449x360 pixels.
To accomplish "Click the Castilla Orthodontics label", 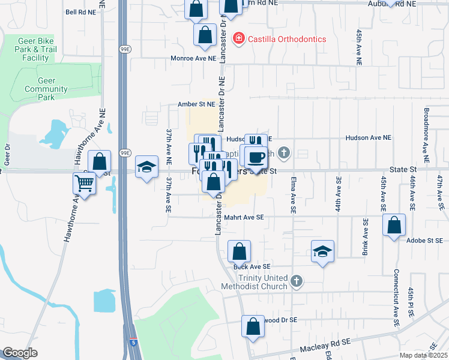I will [x=287, y=39].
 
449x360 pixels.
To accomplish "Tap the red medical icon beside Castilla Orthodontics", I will [x=239, y=39].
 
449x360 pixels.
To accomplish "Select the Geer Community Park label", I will [x=47, y=89].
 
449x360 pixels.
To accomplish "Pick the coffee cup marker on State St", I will [x=256, y=158].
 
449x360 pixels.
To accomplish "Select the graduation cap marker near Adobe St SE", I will [x=322, y=251].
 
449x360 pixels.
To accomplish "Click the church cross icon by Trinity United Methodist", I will [x=296, y=281].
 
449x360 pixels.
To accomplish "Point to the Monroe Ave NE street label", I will [x=193, y=58].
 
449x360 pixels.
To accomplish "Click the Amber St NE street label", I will [x=196, y=104].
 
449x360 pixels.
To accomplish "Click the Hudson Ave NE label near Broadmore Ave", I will [x=368, y=137].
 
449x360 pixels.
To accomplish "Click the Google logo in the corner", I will [x=20, y=353].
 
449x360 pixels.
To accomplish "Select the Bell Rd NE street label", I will [x=80, y=11].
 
